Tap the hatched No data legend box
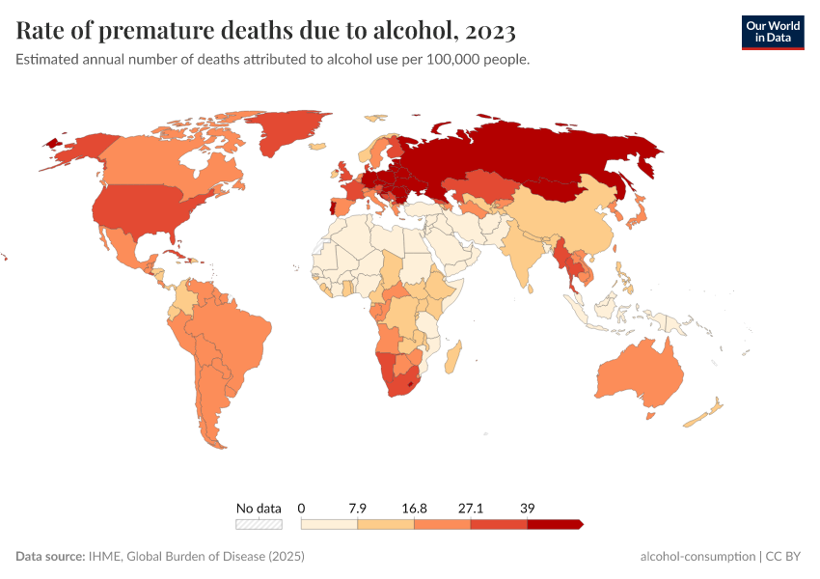(x=259, y=524)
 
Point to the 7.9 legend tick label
(x=358, y=508)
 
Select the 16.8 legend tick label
(x=415, y=508)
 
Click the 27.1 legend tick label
(x=472, y=508)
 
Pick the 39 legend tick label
(x=528, y=508)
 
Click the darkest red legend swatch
(x=555, y=524)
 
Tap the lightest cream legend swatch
(x=329, y=524)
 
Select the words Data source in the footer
(x=49, y=557)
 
